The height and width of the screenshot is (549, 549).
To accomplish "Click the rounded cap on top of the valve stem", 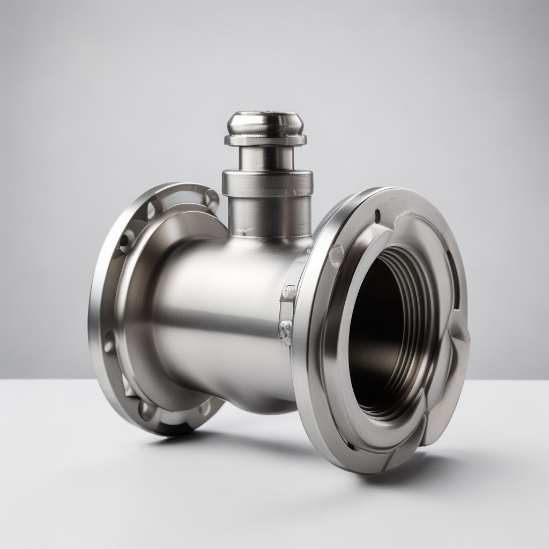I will tap(265, 122).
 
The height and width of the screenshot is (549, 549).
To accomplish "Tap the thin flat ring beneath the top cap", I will tap(265, 140).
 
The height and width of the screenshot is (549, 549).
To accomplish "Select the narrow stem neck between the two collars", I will tap(266, 158).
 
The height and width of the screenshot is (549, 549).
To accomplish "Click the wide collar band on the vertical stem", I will tap(267, 183).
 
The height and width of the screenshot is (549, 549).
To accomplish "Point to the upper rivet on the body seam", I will tap(289, 293).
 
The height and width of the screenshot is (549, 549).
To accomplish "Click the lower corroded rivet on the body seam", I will tap(285, 331).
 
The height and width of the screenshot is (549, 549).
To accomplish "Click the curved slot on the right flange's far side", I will tap(454, 279).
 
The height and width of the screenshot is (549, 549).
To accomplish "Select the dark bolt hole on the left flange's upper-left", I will tap(127, 240).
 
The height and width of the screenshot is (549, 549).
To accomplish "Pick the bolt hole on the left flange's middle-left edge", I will tap(110, 343).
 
